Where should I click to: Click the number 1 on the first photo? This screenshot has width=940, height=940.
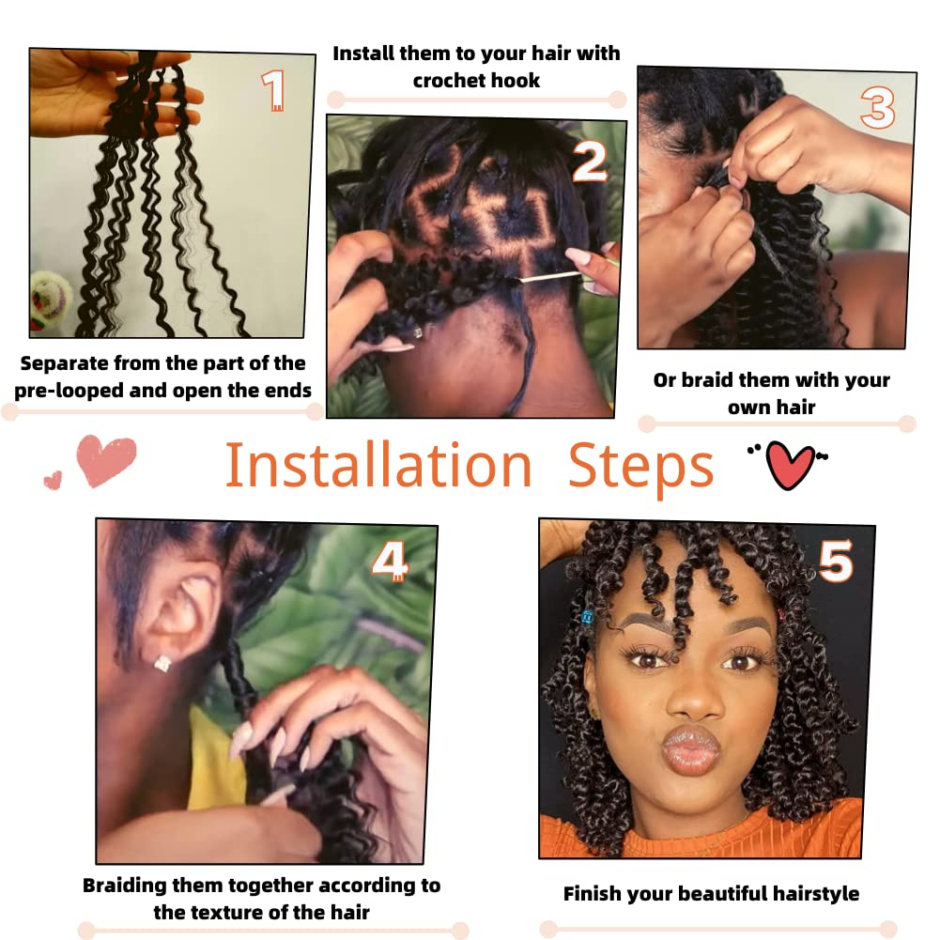point(273,91)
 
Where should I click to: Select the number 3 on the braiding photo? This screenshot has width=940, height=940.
point(877,108)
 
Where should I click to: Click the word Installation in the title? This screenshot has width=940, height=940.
point(378,466)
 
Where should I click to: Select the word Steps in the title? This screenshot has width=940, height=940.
point(640,466)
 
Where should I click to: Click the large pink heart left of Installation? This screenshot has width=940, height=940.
point(107,461)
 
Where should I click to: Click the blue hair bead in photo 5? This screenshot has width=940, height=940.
point(589,617)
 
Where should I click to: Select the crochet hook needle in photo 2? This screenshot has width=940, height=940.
point(540,276)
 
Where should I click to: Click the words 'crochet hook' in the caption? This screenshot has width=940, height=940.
point(476,81)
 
